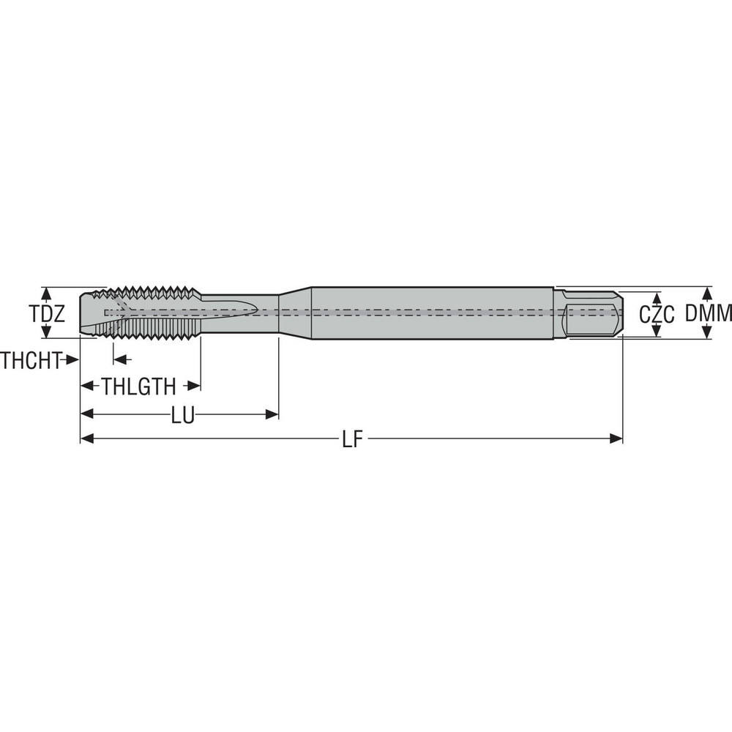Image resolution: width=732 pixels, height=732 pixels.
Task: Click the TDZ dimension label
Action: tap(48, 314)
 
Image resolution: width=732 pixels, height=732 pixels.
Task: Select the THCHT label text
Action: tap(30, 359)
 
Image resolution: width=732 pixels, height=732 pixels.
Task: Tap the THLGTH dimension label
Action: tap(139, 386)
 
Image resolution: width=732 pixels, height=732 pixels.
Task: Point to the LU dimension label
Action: tap(182, 415)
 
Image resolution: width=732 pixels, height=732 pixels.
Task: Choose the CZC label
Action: tap(656, 315)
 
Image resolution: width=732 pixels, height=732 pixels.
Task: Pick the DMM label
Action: tap(709, 314)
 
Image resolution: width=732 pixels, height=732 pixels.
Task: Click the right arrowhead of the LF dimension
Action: tap(616, 438)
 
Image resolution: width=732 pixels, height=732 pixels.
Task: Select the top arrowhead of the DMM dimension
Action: tap(707, 291)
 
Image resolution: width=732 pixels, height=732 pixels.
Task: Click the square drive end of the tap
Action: tap(593, 313)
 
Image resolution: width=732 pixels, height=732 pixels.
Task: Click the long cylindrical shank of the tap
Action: tap(432, 313)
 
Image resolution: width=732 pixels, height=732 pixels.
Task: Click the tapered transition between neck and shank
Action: tap(295, 313)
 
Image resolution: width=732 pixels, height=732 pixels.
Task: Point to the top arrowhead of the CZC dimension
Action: tap(657, 298)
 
